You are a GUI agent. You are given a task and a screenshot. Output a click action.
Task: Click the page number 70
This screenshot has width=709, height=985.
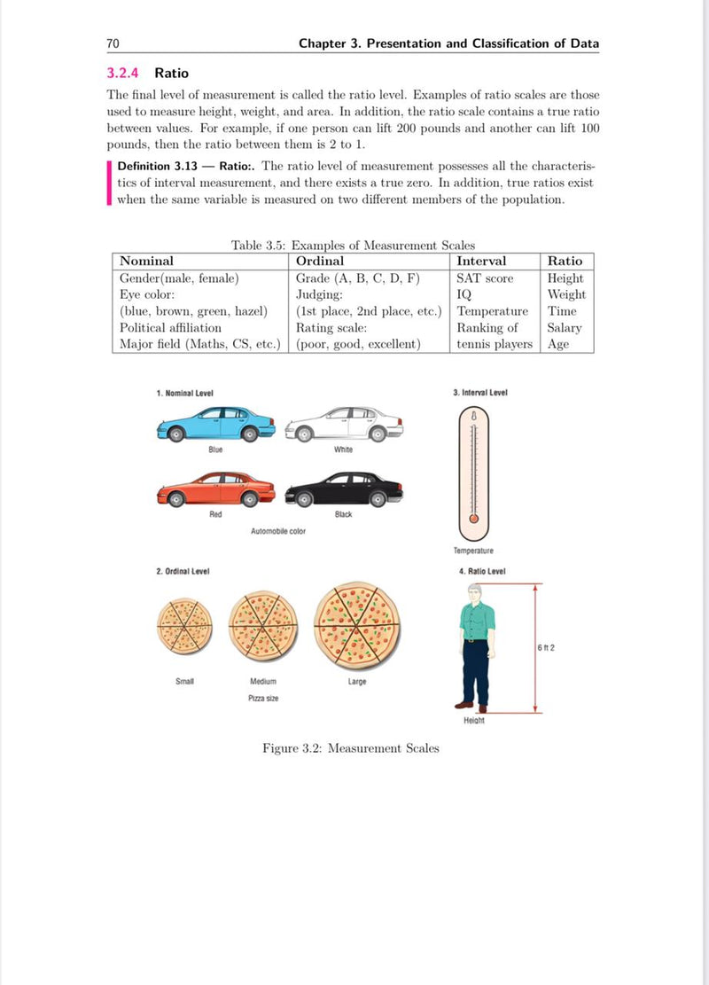(113, 43)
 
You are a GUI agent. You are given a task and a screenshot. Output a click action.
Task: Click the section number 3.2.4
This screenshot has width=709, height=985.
(125, 73)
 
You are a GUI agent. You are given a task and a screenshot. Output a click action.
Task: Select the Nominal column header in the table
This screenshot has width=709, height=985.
(146, 261)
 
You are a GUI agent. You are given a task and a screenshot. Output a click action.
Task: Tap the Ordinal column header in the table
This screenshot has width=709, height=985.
(320, 261)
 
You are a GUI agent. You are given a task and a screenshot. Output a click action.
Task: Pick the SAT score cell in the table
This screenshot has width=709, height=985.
(485, 278)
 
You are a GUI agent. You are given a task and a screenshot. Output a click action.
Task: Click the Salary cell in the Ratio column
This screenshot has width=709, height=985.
(565, 328)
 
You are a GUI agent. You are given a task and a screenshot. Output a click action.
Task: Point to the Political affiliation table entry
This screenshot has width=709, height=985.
(170, 328)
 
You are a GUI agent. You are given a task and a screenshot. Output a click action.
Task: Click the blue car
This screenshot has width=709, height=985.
(215, 425)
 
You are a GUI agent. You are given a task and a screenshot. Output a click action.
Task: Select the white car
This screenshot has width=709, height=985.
(344, 424)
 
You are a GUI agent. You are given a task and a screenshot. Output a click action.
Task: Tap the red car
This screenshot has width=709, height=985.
(215, 490)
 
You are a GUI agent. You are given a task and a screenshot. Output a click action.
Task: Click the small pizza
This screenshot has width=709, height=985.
(184, 626)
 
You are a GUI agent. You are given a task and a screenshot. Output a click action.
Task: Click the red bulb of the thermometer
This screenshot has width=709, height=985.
(474, 518)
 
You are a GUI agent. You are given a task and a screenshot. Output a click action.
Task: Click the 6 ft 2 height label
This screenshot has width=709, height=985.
(545, 647)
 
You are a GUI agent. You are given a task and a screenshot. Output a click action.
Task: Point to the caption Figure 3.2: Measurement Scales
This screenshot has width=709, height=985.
(350, 748)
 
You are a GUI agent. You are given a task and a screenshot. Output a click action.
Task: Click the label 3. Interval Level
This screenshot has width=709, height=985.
(479, 393)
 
